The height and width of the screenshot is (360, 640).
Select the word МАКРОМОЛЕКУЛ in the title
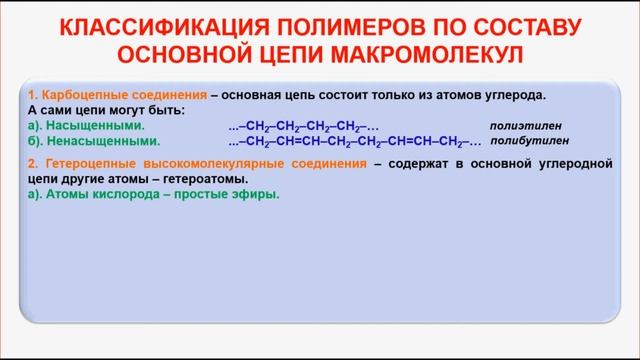pyautogui.click(x=456, y=52)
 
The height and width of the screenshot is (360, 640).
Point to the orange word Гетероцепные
pyautogui.click(x=86, y=162)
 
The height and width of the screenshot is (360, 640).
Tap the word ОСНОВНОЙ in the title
pyautogui.click(x=210, y=52)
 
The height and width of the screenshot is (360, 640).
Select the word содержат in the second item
pyautogui.click(x=418, y=162)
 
